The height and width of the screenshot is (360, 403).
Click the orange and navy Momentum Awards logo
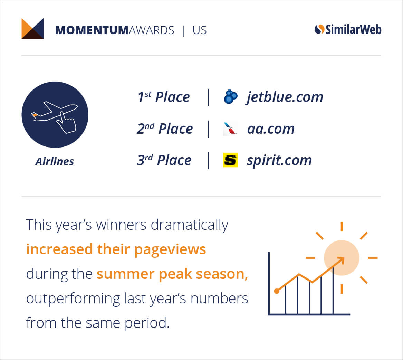pyautogui.click(x=32, y=29)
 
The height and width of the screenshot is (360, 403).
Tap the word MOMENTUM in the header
pyautogui.click(x=92, y=30)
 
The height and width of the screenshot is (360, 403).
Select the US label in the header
pyautogui.click(x=200, y=30)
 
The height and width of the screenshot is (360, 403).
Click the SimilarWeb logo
pyautogui.click(x=348, y=29)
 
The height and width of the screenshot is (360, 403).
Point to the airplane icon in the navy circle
pyautogui.click(x=54, y=111)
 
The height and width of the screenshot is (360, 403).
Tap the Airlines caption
pyautogui.click(x=55, y=161)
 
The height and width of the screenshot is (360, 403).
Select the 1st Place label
pyautogui.click(x=163, y=97)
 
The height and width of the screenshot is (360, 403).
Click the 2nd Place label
pyautogui.click(x=165, y=129)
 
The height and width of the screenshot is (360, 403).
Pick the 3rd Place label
pyautogui.click(x=164, y=160)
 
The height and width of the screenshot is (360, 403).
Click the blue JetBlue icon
pyautogui.click(x=231, y=97)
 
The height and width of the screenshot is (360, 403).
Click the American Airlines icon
pyautogui.click(x=230, y=129)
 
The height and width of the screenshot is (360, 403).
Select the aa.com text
pyautogui.click(x=271, y=129)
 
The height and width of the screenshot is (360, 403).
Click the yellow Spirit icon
pyautogui.click(x=230, y=160)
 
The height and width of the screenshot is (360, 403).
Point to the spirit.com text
pyautogui.click(x=279, y=161)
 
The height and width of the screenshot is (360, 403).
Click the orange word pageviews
pyautogui.click(x=170, y=250)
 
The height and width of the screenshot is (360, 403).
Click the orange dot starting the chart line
pyautogui.click(x=277, y=291)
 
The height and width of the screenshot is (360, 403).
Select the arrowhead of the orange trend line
pyautogui.click(x=341, y=260)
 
